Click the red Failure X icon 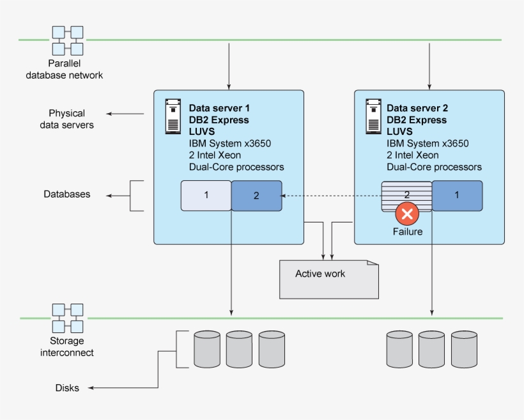(407, 213)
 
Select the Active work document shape (328, 279)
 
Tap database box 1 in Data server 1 (206, 196)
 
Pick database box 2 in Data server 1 (256, 196)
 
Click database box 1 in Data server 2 (457, 196)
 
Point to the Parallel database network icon (68, 40)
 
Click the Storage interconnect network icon (68, 318)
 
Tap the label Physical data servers (66, 120)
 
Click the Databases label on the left (67, 194)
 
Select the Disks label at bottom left (67, 388)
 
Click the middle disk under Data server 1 (239, 348)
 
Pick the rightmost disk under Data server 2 (464, 348)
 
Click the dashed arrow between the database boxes (332, 196)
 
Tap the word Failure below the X (408, 231)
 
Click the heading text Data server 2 (417, 108)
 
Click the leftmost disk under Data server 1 (206, 348)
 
